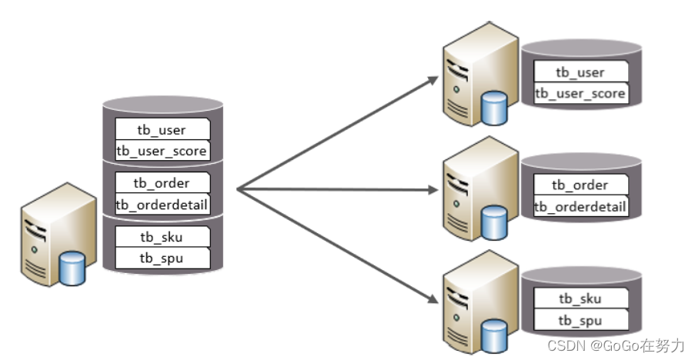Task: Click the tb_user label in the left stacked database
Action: point(162,128)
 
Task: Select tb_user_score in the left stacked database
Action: point(162,151)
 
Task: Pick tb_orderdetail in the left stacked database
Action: point(162,205)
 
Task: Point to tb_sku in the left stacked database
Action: point(162,236)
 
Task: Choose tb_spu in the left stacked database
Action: point(162,258)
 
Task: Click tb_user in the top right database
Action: point(580,72)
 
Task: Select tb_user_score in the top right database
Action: point(580,94)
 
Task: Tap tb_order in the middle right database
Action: point(580,185)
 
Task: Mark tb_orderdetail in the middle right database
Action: point(580,206)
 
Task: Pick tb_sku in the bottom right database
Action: point(580,298)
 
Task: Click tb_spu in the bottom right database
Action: point(580,320)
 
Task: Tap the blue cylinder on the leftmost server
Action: point(72,267)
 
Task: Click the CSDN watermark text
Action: point(615,345)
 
